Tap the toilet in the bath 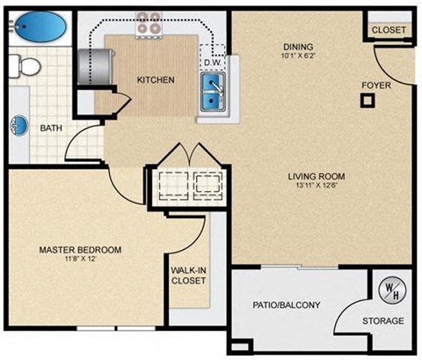tap(27, 64)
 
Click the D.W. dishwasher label tap(212, 63)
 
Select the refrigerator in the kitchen tap(91, 64)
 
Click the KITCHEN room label tap(156, 80)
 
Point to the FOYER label tap(377, 85)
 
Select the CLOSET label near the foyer tap(389, 30)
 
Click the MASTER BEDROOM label tap(80, 250)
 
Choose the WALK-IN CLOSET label tap(188, 276)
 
